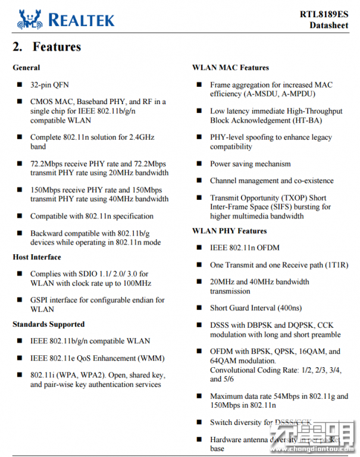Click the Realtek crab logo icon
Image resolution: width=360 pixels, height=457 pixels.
click(x=30, y=19)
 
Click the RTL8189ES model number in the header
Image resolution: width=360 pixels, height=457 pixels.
click(x=324, y=14)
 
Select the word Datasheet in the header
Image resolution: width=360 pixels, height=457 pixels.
click(x=328, y=26)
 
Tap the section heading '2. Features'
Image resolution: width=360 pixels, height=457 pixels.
click(x=47, y=47)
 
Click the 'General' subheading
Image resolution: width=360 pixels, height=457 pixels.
click(x=26, y=68)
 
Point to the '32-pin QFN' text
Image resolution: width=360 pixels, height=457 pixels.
click(x=49, y=85)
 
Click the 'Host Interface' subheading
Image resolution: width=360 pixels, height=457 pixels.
click(x=37, y=257)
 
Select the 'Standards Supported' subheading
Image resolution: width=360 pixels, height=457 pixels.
click(x=49, y=324)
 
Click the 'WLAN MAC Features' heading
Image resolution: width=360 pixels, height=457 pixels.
click(x=230, y=68)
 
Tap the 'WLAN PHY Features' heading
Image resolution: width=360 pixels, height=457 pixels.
click(x=229, y=231)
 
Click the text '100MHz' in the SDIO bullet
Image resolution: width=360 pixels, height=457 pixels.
click(x=136, y=283)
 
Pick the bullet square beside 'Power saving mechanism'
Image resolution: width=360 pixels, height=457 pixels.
click(x=198, y=164)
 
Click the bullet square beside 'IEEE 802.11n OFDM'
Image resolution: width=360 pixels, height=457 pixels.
click(x=198, y=248)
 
